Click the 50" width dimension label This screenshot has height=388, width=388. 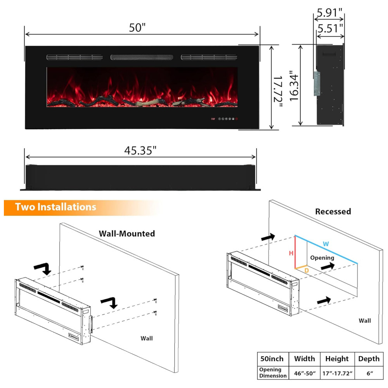pos(137,28)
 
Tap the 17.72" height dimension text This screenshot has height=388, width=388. pos(278,92)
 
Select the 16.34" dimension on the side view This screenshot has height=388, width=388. pos(294,86)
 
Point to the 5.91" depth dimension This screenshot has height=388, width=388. pos(329,13)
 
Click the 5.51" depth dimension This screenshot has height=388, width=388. pos(330,28)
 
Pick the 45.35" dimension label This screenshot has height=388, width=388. pos(140,151)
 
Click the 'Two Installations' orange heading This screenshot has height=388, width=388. pos(55,207)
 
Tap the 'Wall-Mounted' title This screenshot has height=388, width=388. pos(127,234)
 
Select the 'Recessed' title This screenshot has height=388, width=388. pos(333,211)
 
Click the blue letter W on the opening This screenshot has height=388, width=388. pos(326,244)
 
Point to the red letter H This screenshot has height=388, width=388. pos(291,253)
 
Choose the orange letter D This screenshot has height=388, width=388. pos(307,270)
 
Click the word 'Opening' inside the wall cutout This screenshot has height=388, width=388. pos(322,258)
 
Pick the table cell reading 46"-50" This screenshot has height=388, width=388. pos(305,373)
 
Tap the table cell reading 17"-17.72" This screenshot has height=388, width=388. pos(337,373)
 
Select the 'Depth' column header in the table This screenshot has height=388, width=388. pos(369,359)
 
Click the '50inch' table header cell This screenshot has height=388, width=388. pos(272,359)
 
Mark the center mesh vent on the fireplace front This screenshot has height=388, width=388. pos(142,57)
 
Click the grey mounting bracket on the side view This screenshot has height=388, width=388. pos(317,83)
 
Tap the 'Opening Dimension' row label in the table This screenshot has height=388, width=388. pos(273,372)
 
